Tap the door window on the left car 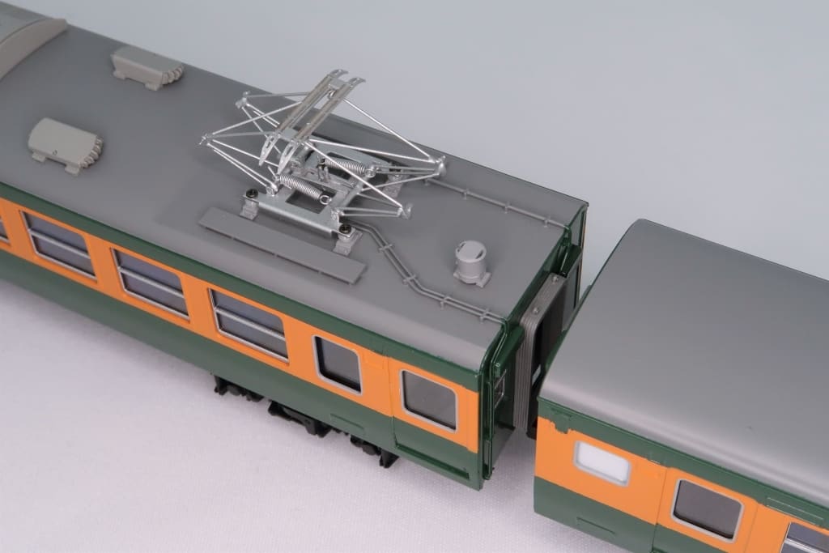[x=429, y=399]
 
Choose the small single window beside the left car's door [x=338, y=364]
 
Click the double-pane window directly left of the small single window [x=249, y=323]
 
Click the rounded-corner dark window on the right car [x=707, y=508]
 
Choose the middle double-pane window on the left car [x=151, y=281]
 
